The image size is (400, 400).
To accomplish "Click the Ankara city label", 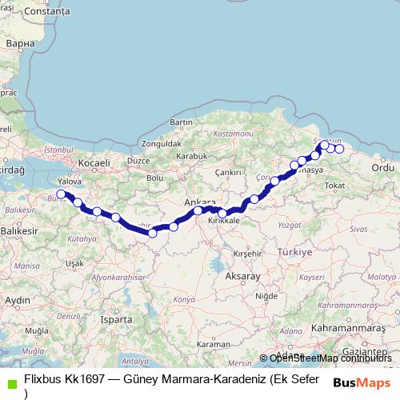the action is (200, 201).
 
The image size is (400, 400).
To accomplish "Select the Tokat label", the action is (334, 186).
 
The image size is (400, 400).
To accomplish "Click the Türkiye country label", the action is (294, 251).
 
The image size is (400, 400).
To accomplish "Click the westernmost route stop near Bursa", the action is (62, 194).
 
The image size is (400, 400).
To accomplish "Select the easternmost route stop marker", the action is (339, 149).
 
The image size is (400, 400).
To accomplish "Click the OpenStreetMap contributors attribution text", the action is (330, 358).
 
